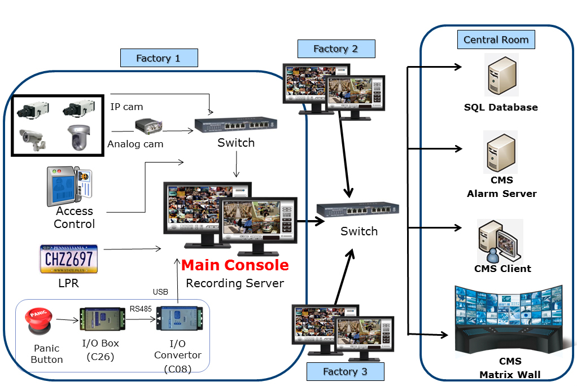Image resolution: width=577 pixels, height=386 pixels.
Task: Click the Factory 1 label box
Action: point(159,58)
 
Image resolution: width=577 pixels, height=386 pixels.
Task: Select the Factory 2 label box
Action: point(336,49)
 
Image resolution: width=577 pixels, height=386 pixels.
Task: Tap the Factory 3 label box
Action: point(345,371)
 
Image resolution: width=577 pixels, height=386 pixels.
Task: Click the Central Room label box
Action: point(496,40)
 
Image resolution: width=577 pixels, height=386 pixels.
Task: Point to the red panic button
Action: point(39,321)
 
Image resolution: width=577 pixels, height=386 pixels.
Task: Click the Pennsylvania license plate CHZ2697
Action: point(68,259)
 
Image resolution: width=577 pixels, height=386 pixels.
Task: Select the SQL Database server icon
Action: point(501,75)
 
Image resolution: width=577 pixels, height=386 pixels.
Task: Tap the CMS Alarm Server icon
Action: point(501,152)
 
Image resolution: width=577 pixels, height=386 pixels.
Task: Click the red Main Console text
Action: point(235,265)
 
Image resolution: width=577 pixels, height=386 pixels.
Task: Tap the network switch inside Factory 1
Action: point(236,125)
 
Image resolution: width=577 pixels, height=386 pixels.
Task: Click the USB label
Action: point(160,292)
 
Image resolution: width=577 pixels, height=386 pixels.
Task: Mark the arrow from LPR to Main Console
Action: point(133,248)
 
